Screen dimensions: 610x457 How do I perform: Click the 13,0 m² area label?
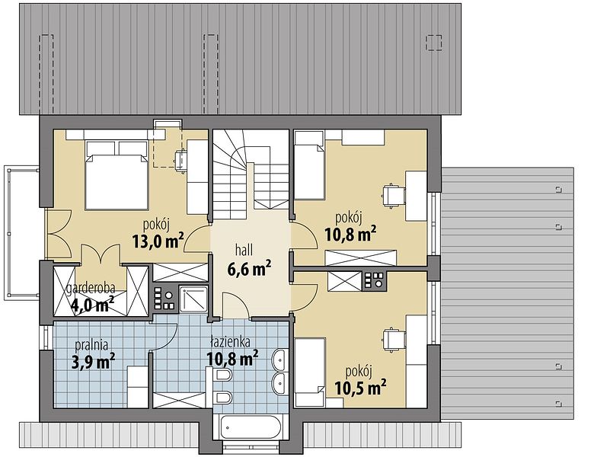tap(158, 241)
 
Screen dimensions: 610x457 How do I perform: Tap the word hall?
tap(244, 250)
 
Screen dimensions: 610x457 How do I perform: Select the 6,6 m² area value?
tap(249, 268)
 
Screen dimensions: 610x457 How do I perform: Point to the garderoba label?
tap(91, 288)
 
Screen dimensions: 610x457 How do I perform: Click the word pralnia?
tap(91, 344)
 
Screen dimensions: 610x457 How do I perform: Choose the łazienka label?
tap(230, 341)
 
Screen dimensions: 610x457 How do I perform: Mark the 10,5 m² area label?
tap(360, 388)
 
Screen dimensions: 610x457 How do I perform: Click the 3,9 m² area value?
tap(93, 362)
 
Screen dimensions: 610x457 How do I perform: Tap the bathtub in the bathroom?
tap(251, 427)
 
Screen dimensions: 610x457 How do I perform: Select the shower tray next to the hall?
tap(193, 299)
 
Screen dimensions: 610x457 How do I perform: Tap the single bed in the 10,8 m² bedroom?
tap(309, 165)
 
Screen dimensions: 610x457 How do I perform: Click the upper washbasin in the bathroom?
tap(279, 360)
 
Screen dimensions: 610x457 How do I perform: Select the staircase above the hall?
tap(251, 171)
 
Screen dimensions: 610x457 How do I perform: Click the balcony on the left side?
tap(22, 232)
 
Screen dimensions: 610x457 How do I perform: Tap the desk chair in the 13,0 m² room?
tap(181, 160)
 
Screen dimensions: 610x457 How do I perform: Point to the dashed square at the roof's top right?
tap(434, 43)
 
